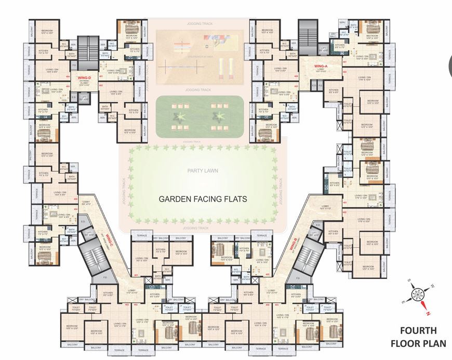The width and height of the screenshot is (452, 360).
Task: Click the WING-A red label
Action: (x=320, y=66)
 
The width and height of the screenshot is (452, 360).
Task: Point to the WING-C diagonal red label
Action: (x=110, y=239)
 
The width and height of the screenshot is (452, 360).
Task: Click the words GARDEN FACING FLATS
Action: (x=195, y=198)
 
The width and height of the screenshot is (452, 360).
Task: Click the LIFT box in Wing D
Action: (x=84, y=97)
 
